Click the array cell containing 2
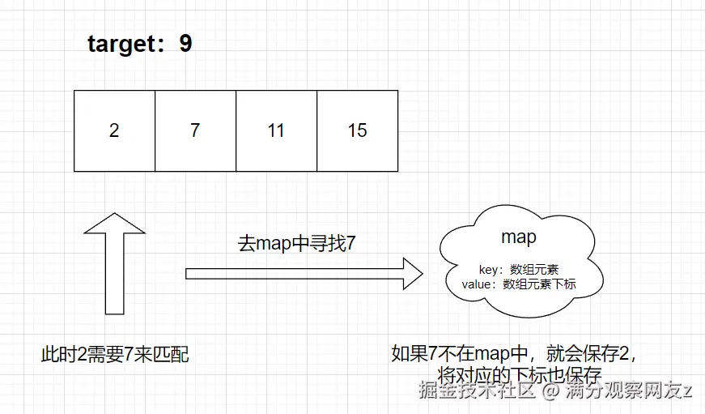tap(114, 130)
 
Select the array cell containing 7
tap(195, 130)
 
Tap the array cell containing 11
tap(276, 130)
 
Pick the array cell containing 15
tap(357, 130)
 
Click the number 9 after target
tap(185, 44)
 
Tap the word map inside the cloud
tap(519, 237)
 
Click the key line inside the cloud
tap(519, 269)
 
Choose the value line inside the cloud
tap(519, 284)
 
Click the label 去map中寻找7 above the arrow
tap(297, 242)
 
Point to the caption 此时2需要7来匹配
tap(115, 354)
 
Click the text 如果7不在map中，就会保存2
tap(515, 354)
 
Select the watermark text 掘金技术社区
tap(478, 391)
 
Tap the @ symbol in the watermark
tap(550, 392)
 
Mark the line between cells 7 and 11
tap(236, 130)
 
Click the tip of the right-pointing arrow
tap(421, 273)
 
